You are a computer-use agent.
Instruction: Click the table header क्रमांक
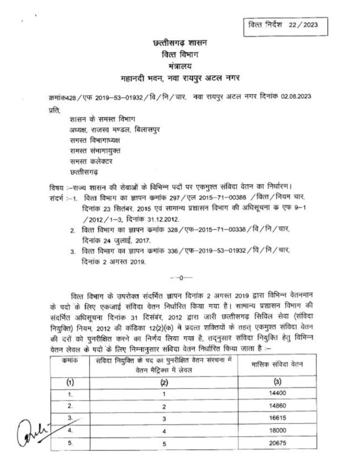pyautogui.click(x=70, y=360)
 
